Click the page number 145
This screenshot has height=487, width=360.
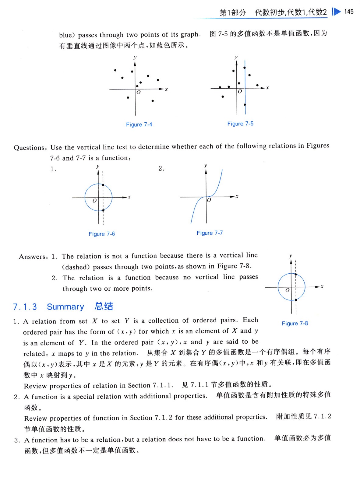349,12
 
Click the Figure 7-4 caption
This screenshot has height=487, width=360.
139,124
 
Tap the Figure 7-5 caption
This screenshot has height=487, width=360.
240,124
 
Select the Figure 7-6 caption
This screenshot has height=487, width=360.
102,234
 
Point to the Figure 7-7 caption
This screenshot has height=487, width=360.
210,233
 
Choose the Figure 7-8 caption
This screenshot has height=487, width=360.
295,323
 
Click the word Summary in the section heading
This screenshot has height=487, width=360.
65,307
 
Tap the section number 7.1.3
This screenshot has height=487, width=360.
25,307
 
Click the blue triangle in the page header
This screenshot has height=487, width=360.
336,12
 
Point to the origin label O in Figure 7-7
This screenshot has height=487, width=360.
209,200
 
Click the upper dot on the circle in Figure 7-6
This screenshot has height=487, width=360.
103,185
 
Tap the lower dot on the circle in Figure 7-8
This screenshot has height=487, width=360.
296,300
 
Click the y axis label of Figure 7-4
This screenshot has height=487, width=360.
135,57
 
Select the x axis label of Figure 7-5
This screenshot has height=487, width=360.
267,88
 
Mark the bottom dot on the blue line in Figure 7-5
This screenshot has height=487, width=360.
245,105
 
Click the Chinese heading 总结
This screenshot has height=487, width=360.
104,306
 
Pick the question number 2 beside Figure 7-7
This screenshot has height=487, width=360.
161,168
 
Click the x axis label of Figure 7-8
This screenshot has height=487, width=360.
322,286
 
